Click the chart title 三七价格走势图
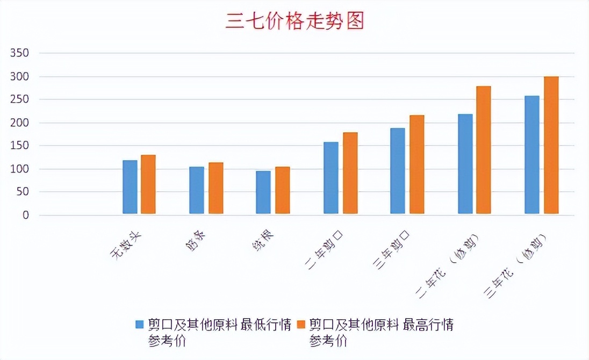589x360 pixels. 294,21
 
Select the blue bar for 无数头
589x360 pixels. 130,187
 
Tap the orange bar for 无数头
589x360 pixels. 148,184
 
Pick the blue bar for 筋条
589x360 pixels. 197,190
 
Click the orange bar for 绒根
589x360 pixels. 283,190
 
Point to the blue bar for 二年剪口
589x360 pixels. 331,178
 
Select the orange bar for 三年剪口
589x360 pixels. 417,164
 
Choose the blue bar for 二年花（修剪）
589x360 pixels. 465,164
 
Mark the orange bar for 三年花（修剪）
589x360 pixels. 551,145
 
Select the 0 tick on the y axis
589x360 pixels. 25,215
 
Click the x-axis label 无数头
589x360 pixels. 126,246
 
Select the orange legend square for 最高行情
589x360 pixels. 301,325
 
